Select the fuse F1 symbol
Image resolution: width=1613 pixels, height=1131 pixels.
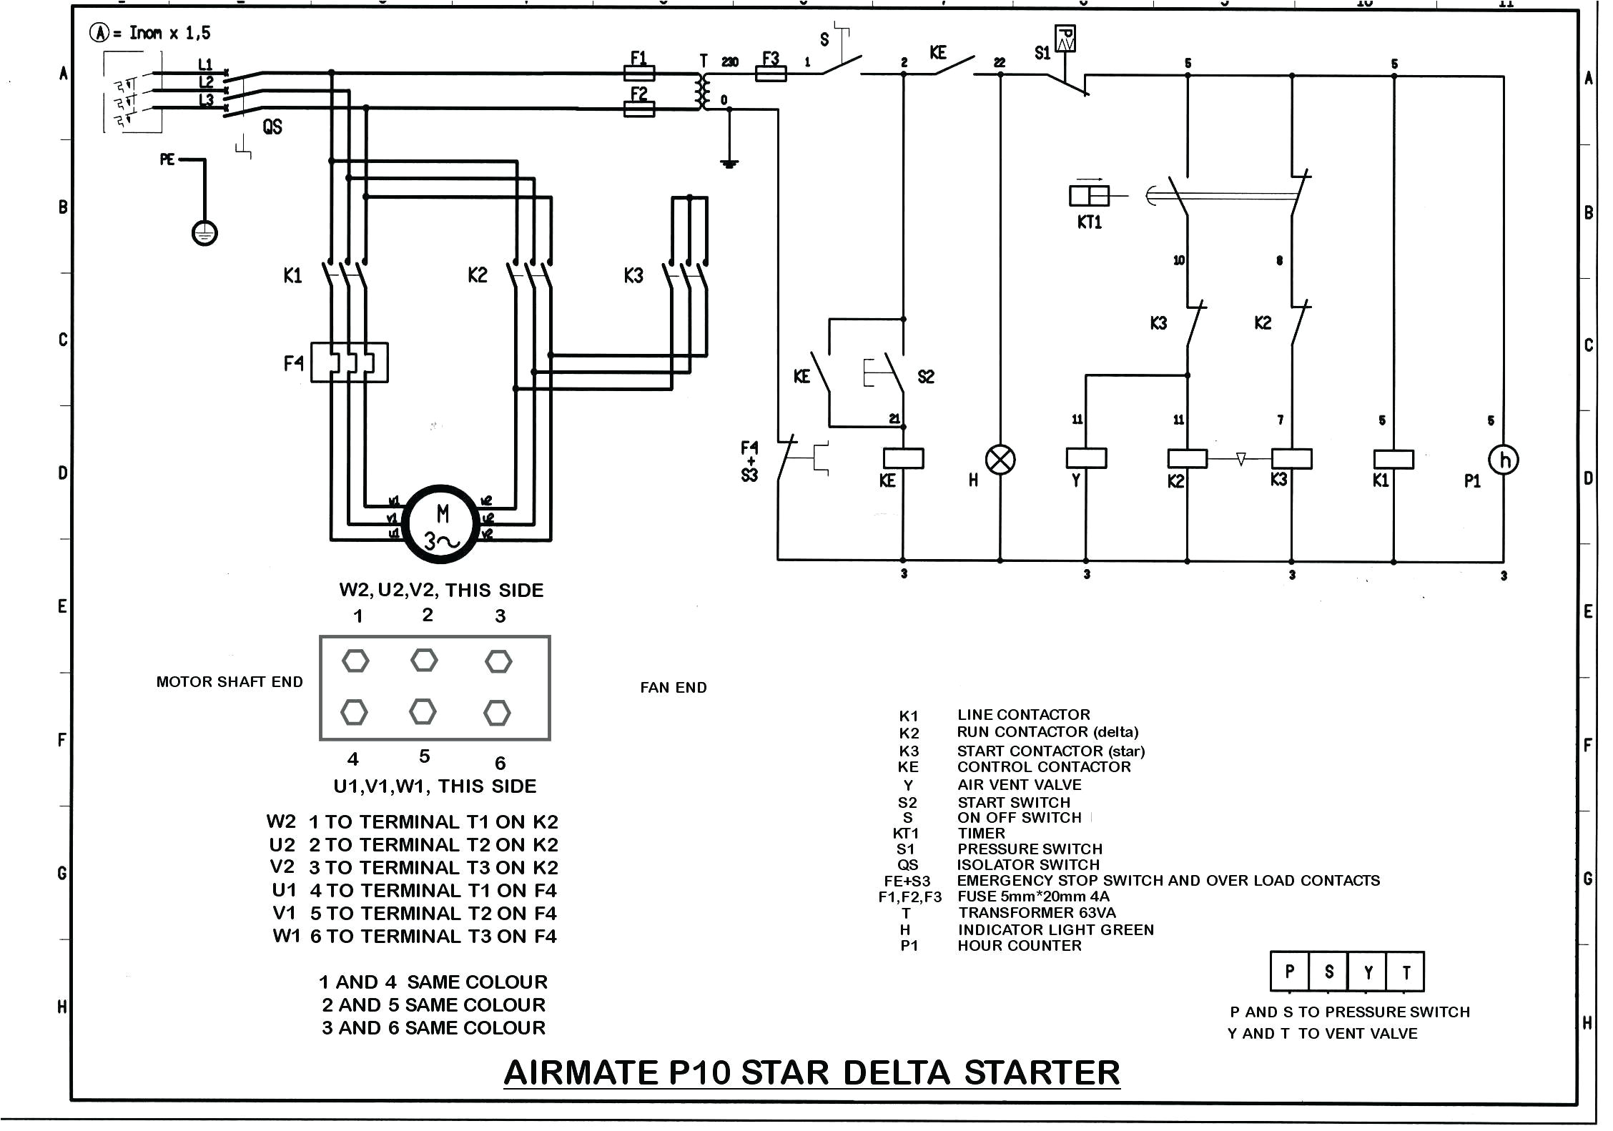(638, 73)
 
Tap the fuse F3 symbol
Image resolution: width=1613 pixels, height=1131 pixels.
(771, 73)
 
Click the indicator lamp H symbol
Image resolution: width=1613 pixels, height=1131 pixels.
(1000, 460)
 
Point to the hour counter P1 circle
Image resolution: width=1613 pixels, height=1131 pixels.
(1503, 460)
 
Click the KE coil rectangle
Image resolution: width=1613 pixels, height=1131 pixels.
(903, 458)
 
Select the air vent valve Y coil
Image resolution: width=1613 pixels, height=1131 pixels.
(1086, 458)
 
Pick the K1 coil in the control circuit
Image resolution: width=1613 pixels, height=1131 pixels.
(1393, 459)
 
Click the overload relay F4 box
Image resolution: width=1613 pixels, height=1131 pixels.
(349, 362)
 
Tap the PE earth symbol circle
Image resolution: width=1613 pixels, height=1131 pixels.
(204, 233)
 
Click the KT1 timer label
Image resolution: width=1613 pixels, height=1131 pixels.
(1089, 222)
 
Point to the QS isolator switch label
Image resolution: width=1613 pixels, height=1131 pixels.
(272, 127)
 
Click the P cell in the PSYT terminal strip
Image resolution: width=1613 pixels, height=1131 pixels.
(1289, 972)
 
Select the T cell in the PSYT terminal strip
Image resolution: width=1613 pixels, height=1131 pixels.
(1406, 972)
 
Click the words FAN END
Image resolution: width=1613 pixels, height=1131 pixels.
(673, 688)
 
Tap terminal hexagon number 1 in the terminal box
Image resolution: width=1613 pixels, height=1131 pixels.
(355, 661)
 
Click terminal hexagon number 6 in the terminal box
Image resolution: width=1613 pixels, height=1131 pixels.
(497, 713)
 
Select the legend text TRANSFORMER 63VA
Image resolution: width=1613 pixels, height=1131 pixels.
(1037, 913)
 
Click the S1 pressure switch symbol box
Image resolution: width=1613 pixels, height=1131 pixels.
(1065, 39)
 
